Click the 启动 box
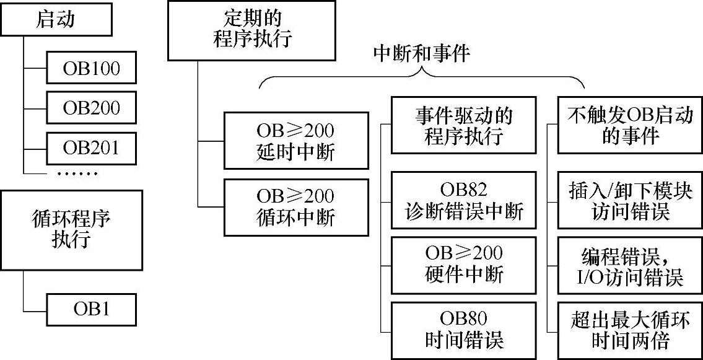pos(56,20)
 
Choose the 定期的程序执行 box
pos(251,30)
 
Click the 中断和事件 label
pos(422,53)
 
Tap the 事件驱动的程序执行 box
pos(464,125)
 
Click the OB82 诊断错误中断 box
pos(464,201)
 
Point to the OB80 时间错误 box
pos(464,329)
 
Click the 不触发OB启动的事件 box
pos(630,125)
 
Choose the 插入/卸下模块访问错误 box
pos(630,201)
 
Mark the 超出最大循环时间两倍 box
pos(630,330)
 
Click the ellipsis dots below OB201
pos(77,173)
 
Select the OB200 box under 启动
pos(91,108)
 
